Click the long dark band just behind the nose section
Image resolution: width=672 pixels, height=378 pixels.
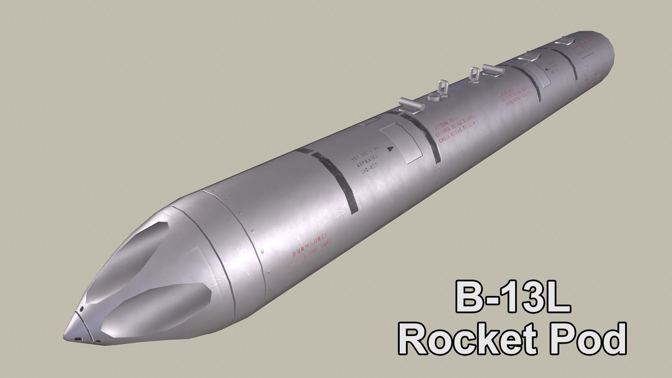click(x=338, y=185)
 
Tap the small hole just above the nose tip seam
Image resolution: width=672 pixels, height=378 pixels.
click(x=81, y=310)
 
